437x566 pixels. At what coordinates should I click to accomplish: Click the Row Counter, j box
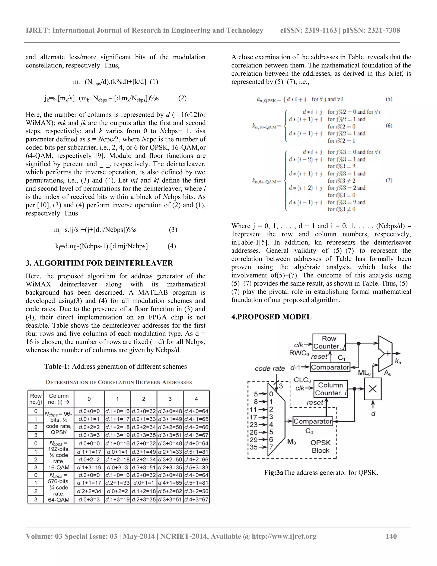pos(329,342)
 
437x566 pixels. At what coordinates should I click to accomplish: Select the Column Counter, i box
pos(330,389)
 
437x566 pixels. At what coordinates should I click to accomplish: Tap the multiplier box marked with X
pos(373,389)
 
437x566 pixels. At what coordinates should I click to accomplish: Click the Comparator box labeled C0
pos(313,421)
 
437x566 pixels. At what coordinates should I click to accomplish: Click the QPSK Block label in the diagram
pos(320,446)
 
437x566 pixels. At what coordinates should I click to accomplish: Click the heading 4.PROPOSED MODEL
pos(271,317)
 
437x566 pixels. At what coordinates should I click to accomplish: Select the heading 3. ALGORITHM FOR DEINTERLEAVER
pos(99,263)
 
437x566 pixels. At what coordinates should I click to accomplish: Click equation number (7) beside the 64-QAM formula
pos(389,180)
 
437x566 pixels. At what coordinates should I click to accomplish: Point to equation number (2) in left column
pos(182,98)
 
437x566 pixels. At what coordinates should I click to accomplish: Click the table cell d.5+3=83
pos(196,468)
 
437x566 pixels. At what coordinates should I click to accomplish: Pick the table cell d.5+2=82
pos(170,491)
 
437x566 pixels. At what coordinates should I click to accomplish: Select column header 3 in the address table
pos(170,399)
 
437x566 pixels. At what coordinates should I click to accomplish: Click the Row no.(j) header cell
pos(36,399)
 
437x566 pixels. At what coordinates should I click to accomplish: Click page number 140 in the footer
pos(391,536)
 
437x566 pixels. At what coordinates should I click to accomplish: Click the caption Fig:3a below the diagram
pos(274,472)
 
